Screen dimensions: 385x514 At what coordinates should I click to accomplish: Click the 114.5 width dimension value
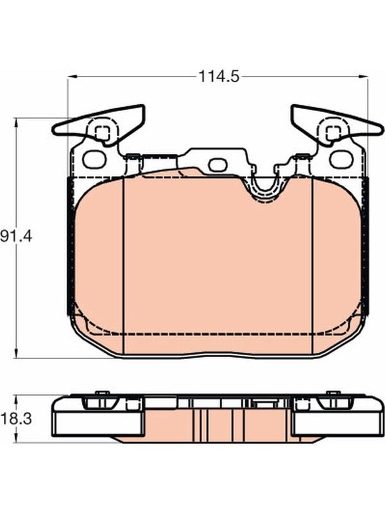(219, 77)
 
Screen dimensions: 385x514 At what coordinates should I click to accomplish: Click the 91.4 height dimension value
(16, 236)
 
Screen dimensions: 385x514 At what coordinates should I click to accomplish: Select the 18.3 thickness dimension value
(16, 419)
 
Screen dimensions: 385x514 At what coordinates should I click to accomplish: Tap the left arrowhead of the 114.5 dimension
(72, 77)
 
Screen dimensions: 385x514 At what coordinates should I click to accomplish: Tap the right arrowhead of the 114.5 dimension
(363, 77)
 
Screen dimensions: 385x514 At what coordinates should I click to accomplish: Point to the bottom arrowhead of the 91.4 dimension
(15, 353)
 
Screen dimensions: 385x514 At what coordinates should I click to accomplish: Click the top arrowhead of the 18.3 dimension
(15, 400)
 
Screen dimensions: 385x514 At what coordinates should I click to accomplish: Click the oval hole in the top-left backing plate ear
(95, 159)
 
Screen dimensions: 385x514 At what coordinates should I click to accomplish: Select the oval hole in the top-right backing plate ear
(341, 159)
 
